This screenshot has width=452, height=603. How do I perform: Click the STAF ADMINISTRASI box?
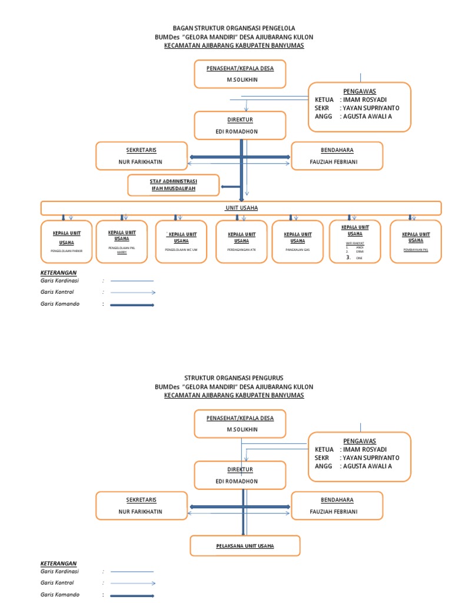coord(174,184)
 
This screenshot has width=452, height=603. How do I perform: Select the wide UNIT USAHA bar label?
coord(241,208)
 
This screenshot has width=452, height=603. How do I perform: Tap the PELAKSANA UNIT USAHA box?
coord(245,546)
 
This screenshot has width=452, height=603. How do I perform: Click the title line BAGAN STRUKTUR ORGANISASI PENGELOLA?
coord(234,28)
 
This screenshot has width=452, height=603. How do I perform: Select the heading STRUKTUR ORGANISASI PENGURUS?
coord(234,377)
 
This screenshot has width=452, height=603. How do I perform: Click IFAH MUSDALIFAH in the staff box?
coord(173,188)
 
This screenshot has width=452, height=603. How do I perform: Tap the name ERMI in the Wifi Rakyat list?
coord(360,251)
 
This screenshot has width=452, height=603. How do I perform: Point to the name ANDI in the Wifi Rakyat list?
coord(360,247)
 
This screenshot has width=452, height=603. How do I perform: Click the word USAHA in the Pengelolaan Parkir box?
coord(66,242)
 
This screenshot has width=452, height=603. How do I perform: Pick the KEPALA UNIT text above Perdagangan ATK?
coord(241,234)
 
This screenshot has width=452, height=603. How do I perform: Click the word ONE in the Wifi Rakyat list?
coord(360,258)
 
